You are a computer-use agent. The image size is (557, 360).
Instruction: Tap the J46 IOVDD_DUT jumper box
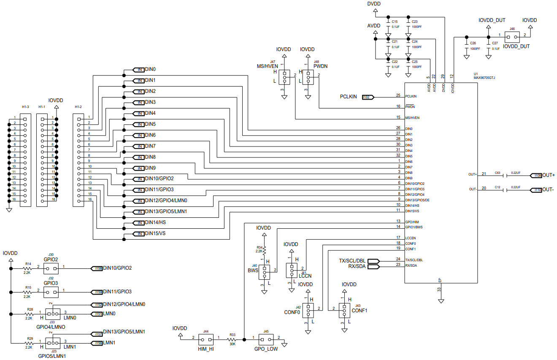pos(512,35)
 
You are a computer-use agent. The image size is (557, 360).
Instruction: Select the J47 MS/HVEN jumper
pos(284,78)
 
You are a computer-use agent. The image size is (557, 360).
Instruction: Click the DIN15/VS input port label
pos(139,234)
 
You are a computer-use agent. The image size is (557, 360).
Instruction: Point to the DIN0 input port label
pos(139,69)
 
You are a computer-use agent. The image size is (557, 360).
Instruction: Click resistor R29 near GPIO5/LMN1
pos(29,344)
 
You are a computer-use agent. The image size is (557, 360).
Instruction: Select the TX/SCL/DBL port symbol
pos(374,260)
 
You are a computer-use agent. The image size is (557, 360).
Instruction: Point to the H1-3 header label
pos(25,107)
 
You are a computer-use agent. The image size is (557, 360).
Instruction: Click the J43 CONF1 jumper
pos(344,311)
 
